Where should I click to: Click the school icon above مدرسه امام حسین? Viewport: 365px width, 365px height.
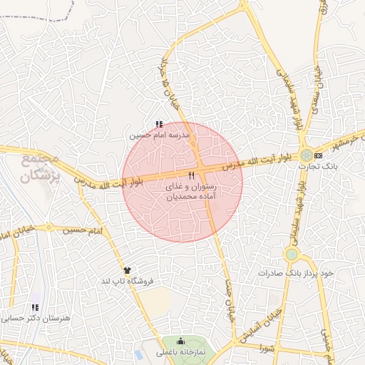click(x=158, y=124)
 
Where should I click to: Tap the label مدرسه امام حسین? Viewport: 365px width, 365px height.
click(x=160, y=135)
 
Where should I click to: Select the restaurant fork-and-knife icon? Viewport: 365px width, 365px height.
click(x=191, y=175)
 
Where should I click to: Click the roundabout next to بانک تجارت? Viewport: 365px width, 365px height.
click(x=306, y=155)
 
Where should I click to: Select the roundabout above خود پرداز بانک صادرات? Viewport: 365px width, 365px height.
click(x=291, y=255)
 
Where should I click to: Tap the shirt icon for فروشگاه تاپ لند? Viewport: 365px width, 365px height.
click(x=128, y=271)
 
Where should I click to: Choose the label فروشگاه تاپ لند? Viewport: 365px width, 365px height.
click(x=128, y=282)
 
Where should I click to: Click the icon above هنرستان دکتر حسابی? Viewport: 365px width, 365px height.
click(x=33, y=307)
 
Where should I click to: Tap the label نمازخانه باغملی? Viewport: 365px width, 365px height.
click(x=180, y=353)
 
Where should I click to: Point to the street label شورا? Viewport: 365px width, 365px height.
click(x=267, y=348)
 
